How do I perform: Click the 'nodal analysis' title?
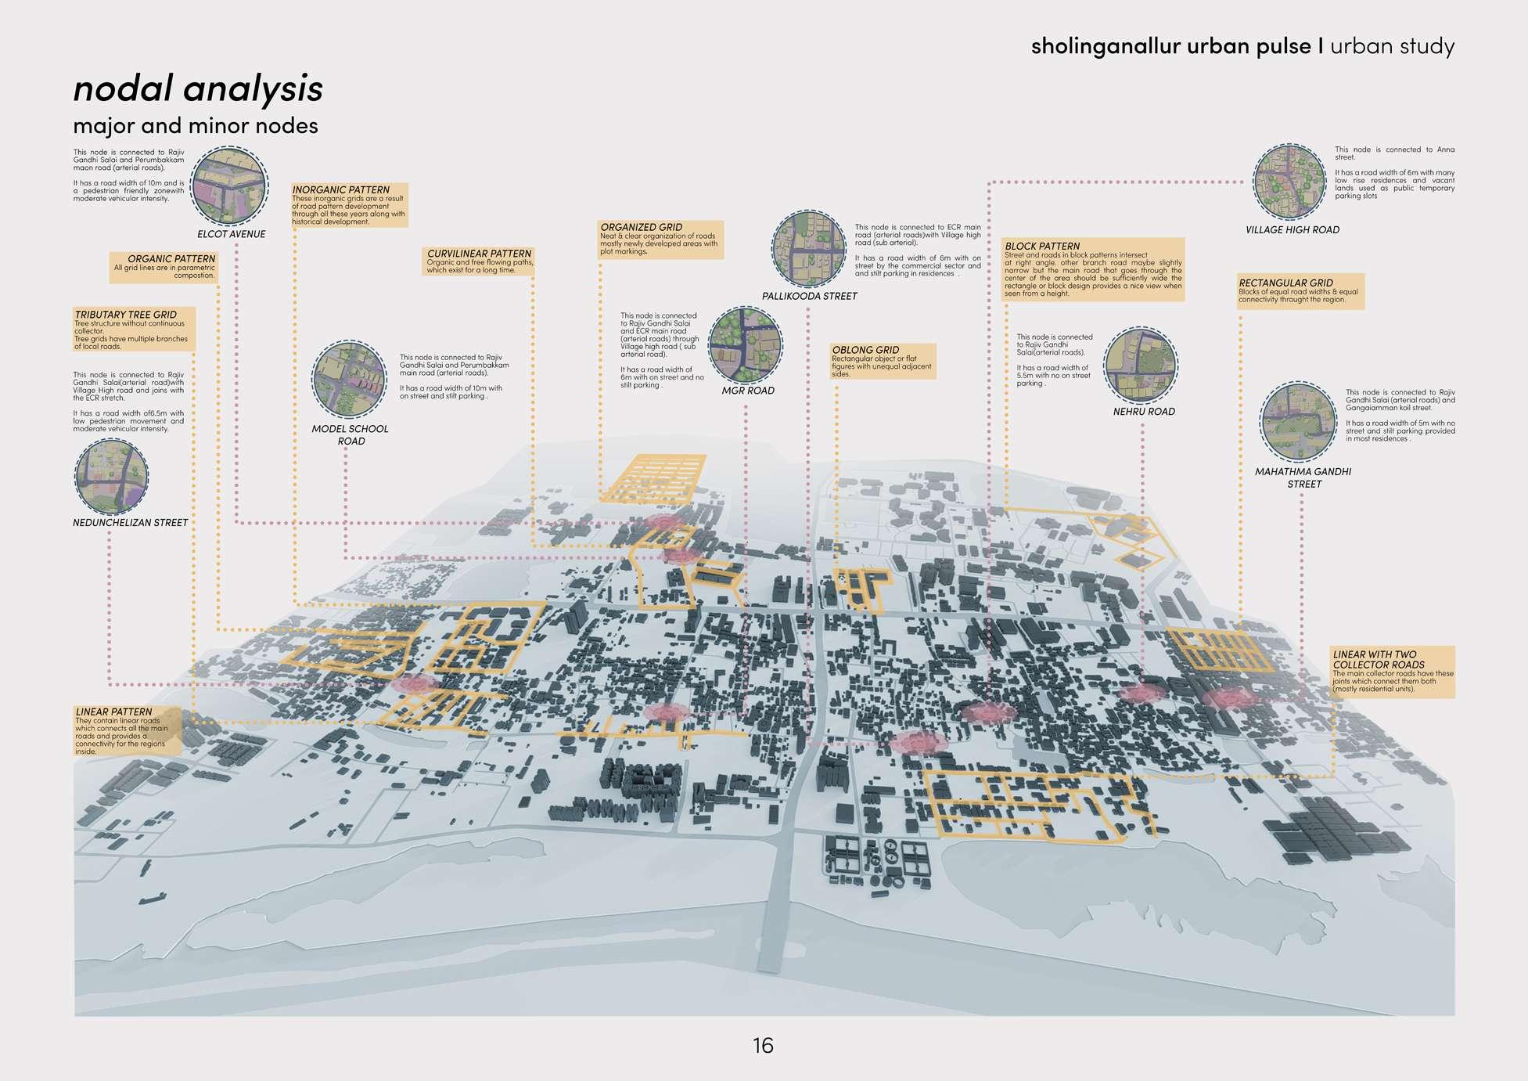(197, 88)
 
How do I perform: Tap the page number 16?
(763, 1045)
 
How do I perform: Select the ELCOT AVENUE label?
(231, 234)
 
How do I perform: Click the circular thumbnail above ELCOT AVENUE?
(230, 186)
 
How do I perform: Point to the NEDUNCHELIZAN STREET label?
(131, 523)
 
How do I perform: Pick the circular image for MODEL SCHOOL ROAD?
(349, 379)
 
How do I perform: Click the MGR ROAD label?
(748, 391)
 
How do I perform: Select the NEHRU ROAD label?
(1144, 412)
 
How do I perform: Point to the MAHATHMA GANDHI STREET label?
(1303, 477)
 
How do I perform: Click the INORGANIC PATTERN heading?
(340, 189)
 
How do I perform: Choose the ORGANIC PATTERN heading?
(171, 258)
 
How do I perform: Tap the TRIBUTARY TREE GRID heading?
(125, 315)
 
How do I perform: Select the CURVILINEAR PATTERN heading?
(479, 254)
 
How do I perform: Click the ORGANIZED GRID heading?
(641, 227)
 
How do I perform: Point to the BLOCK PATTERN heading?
(1042, 246)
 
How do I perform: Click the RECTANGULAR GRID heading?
(1285, 283)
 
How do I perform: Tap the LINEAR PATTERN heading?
(113, 712)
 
